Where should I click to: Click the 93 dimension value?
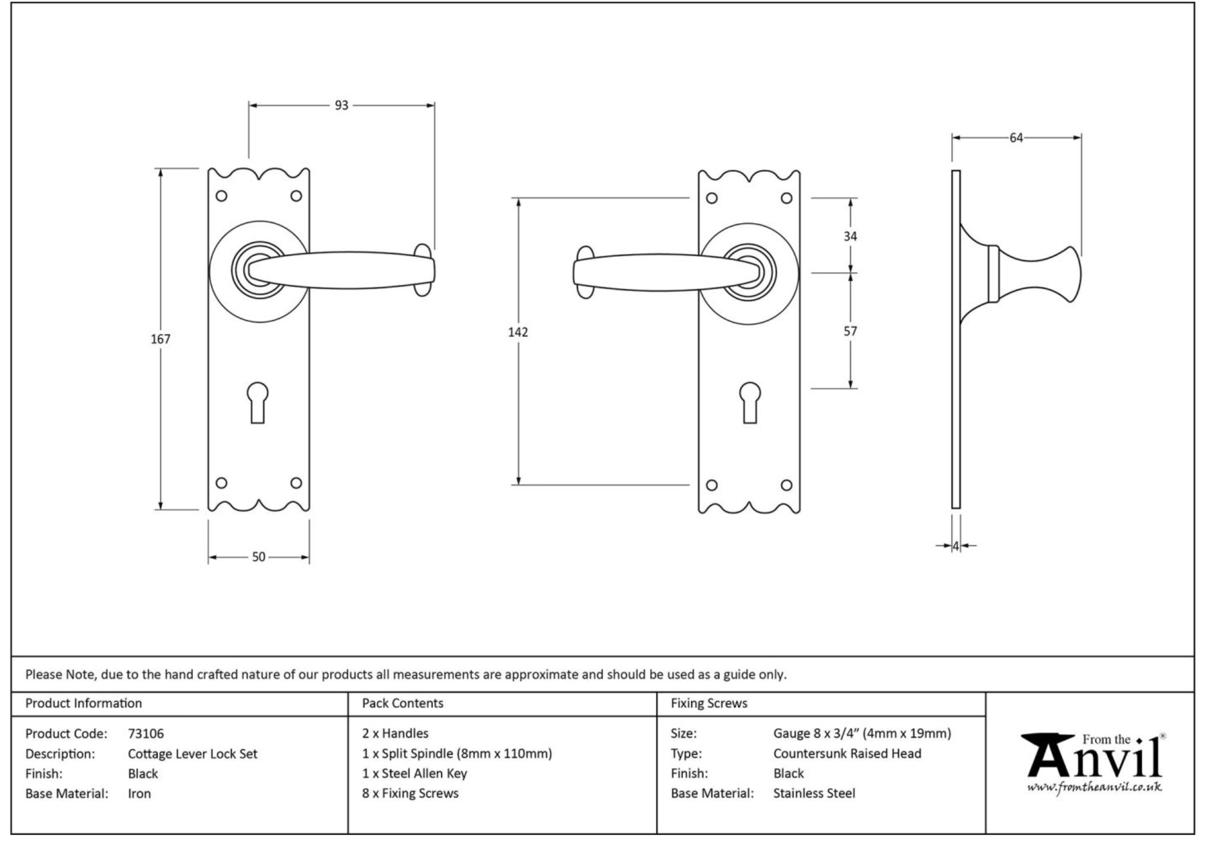(x=341, y=106)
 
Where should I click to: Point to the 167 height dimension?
(x=160, y=339)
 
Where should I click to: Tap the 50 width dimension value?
(x=259, y=557)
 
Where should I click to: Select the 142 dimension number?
(x=518, y=332)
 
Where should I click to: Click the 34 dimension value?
(x=851, y=236)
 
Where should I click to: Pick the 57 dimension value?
(x=851, y=331)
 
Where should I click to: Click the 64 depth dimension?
(x=1017, y=138)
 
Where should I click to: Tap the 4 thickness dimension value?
(x=956, y=547)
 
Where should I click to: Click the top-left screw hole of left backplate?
(x=221, y=196)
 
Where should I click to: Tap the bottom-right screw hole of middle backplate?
(x=787, y=485)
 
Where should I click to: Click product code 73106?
(x=146, y=734)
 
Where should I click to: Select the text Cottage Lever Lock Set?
(x=192, y=754)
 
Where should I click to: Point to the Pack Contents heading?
(x=402, y=704)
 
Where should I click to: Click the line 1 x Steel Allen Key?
(x=414, y=774)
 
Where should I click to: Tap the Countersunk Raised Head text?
(x=847, y=754)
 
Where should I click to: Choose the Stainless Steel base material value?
(x=814, y=794)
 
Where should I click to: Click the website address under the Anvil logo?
(x=1094, y=788)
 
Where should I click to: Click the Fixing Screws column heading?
(x=709, y=704)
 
